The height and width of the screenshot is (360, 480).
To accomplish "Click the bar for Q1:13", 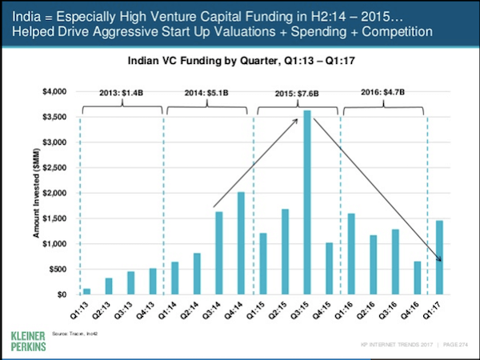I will coord(87,291).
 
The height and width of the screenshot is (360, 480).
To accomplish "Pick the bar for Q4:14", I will coord(241,243).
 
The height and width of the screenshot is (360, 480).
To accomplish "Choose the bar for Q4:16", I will coord(417,278).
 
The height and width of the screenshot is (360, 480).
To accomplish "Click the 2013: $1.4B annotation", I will coord(121,93).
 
